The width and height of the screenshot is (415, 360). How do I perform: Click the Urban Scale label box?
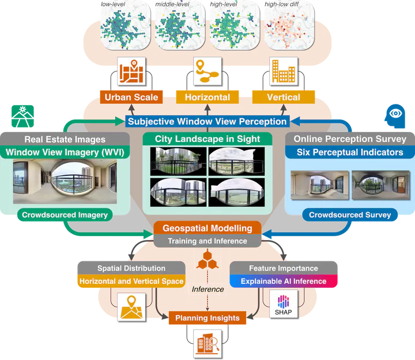[x=131, y=97]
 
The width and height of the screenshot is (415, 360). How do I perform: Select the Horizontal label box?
[x=207, y=97]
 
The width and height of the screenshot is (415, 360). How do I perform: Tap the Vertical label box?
[x=284, y=97]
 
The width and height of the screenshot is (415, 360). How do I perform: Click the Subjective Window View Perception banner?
[x=207, y=121]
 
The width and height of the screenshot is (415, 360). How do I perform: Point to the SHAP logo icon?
[x=284, y=305]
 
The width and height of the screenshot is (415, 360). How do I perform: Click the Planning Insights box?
[x=207, y=318]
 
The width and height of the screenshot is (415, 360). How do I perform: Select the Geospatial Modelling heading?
[x=207, y=228]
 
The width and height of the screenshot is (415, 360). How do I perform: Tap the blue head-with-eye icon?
[x=395, y=116]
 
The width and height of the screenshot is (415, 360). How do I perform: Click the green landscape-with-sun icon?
[x=22, y=117]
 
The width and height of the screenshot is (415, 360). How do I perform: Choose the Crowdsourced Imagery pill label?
[x=65, y=215]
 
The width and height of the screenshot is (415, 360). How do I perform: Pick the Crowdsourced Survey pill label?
[x=350, y=215]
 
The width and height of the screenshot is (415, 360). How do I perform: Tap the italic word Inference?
[x=207, y=289]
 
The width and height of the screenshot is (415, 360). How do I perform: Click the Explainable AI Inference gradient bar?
[x=284, y=281]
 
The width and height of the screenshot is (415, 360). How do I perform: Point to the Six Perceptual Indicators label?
[x=350, y=152]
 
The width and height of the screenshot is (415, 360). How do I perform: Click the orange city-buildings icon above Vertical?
[x=284, y=71]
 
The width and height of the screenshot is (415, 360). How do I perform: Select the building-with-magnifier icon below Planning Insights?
[x=207, y=344]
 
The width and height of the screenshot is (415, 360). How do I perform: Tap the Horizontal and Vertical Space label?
[x=131, y=281]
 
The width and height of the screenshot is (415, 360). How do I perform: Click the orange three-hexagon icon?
[x=207, y=260]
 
